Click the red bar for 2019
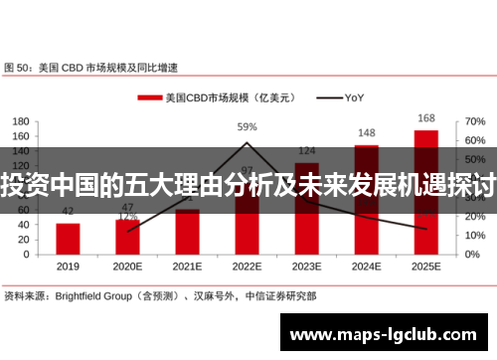[68, 238]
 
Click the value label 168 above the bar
[425, 118]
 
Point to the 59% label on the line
[247, 127]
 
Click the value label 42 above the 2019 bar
[68, 212]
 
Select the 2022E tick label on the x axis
[247, 268]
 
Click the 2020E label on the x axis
[127, 268]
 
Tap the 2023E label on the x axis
[306, 268]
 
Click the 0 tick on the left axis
[28, 254]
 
